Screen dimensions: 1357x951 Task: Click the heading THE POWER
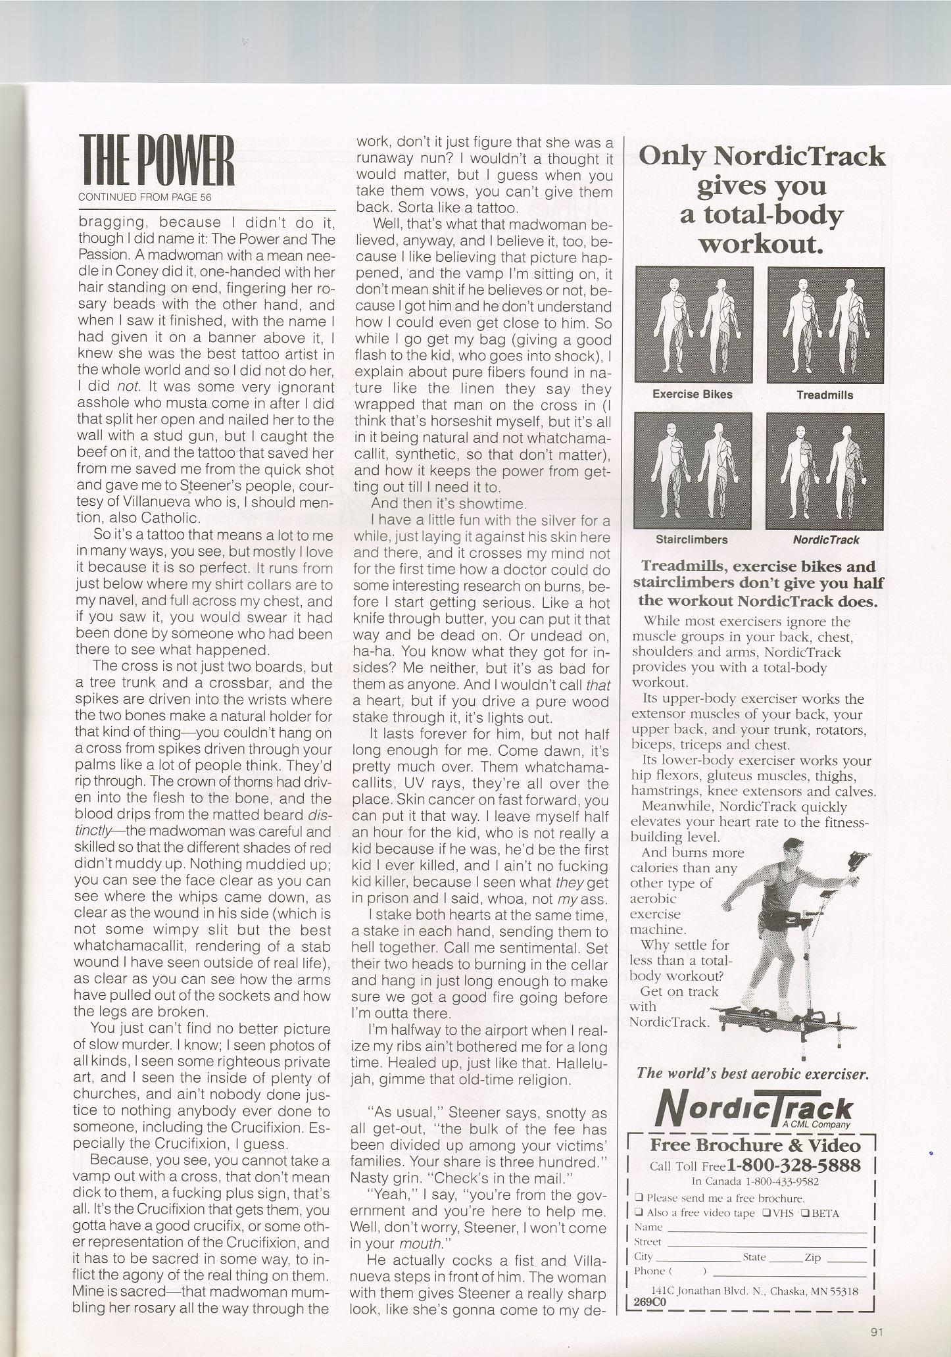(157, 160)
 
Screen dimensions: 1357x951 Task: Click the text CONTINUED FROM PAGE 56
(145, 197)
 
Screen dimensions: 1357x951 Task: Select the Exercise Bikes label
(693, 395)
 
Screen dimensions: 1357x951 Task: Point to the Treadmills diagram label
(824, 395)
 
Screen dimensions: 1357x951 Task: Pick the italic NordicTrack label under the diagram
(825, 540)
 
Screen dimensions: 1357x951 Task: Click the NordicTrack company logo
(754, 1107)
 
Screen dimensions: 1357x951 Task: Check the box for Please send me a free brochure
(639, 1198)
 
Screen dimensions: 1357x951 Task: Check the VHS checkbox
(766, 1214)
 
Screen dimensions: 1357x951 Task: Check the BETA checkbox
(804, 1214)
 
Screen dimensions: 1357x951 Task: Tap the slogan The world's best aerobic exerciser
(753, 1074)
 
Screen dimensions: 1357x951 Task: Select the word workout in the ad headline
(760, 244)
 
